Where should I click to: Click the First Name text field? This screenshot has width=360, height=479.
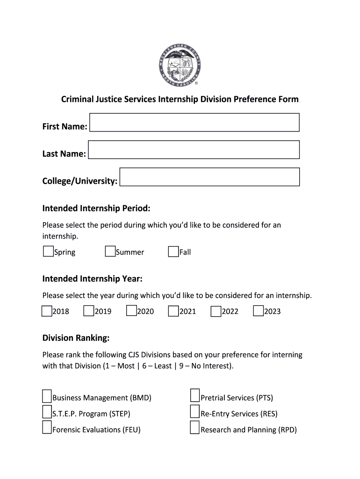click(x=194, y=123)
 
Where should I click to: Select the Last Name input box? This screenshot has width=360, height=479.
click(x=194, y=150)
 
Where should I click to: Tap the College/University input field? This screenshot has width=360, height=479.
click(x=209, y=177)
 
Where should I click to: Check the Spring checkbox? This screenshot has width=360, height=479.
click(x=48, y=252)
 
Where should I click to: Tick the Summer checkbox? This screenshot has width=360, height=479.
click(x=110, y=252)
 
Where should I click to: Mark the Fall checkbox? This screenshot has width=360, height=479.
click(x=173, y=252)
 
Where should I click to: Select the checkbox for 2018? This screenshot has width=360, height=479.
click(x=47, y=311)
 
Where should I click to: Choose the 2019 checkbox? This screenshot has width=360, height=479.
click(x=89, y=311)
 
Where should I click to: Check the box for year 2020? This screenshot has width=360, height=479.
click(x=131, y=311)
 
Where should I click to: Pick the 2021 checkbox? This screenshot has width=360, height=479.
click(x=173, y=311)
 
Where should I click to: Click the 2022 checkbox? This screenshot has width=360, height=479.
click(x=216, y=311)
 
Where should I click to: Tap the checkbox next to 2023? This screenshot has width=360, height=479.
click(x=258, y=311)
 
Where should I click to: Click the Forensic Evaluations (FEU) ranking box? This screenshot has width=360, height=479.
click(x=47, y=428)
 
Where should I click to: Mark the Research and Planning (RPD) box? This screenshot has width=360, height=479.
click(x=195, y=428)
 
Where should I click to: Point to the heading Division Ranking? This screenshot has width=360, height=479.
click(x=76, y=338)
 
